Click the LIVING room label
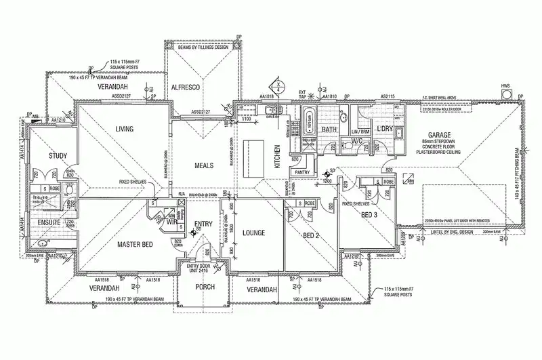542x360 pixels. pyautogui.click(x=124, y=129)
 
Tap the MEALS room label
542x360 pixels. pyautogui.click(x=204, y=165)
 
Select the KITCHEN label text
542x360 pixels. pyautogui.click(x=276, y=157)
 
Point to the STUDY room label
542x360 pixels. pyautogui.click(x=58, y=157)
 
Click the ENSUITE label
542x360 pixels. pyautogui.click(x=49, y=222)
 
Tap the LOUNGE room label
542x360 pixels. pyautogui.click(x=253, y=233)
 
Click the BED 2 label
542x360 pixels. pyautogui.click(x=310, y=235)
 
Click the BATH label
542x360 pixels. pyautogui.click(x=329, y=129)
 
